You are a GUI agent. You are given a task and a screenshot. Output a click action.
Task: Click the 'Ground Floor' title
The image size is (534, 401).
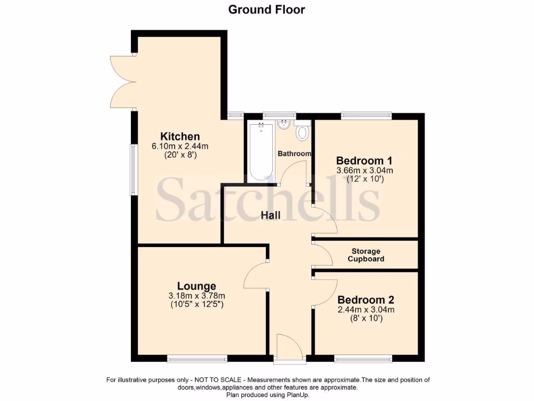click(266, 9)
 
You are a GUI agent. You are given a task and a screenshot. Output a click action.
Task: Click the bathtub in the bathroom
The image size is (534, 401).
click(260, 152)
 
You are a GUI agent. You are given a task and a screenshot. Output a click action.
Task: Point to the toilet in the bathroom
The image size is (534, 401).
click(301, 133)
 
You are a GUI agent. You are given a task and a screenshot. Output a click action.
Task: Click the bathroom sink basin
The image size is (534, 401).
click(284, 125)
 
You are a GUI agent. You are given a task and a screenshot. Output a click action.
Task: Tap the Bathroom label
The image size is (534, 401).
click(294, 154)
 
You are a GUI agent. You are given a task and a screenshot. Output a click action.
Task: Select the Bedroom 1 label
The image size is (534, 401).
click(364, 160)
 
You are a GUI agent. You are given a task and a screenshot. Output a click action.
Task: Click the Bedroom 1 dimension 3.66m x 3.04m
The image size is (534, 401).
click(365, 170)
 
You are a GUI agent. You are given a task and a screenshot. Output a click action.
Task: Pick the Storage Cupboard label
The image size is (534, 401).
click(366, 255)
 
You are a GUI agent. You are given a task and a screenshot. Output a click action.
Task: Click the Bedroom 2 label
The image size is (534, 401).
click(366, 300)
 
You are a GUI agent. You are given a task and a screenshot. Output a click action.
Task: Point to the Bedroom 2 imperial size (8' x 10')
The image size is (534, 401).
click(366, 317)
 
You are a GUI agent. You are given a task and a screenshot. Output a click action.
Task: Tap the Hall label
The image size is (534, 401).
click(271, 215)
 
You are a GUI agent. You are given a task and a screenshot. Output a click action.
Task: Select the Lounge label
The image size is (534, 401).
click(197, 286)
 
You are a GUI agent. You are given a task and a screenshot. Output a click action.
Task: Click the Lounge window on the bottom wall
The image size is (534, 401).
click(197, 359)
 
